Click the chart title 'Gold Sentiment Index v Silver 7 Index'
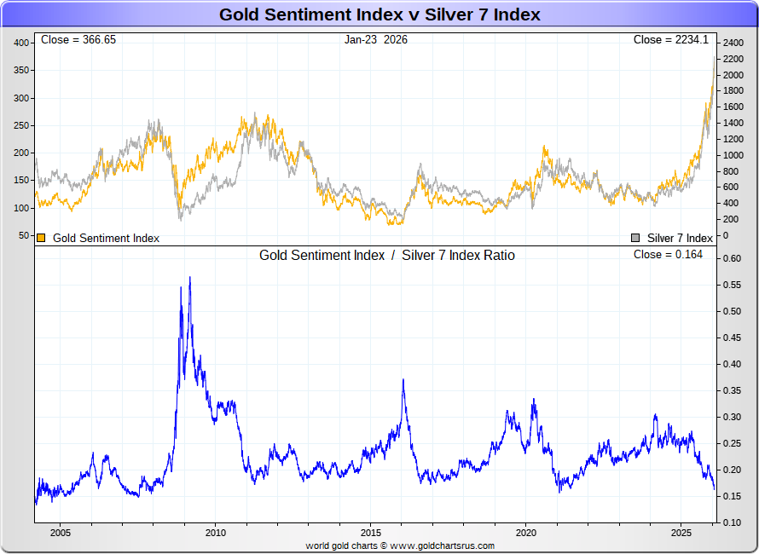click(379, 14)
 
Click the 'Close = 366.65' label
click(78, 40)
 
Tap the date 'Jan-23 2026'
click(376, 40)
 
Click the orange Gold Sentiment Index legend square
click(41, 238)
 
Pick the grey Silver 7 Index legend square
click(635, 238)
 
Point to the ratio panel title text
click(386, 255)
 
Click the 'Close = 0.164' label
click(668, 255)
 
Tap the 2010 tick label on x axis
click(215, 533)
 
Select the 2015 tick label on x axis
click(370, 533)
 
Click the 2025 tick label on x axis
click(681, 533)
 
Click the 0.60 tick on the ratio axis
click(733, 258)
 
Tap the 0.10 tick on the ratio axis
click(733, 522)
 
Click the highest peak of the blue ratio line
click(189, 277)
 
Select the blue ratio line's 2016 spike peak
click(403, 380)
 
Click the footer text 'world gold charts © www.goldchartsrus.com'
click(400, 545)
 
